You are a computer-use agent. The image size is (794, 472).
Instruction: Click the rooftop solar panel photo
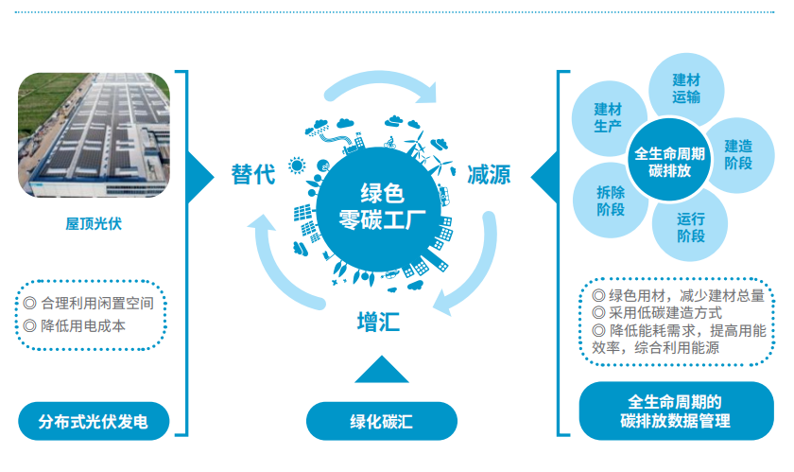point(95,132)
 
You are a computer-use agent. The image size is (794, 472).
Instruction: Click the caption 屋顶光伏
point(95,224)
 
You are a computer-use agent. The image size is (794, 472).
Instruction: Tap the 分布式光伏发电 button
point(95,419)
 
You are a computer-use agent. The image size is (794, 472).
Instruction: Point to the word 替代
point(253,174)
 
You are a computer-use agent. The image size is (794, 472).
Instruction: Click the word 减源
point(489,174)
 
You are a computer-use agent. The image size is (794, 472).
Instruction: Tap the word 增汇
point(378,320)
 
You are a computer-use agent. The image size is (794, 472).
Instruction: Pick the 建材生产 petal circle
point(609,119)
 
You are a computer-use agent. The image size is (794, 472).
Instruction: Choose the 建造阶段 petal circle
point(738,154)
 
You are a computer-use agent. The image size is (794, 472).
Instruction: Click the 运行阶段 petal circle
point(691,228)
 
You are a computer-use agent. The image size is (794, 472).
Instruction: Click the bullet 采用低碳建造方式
point(663,312)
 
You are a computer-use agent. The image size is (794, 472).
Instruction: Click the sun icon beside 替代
point(298,167)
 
